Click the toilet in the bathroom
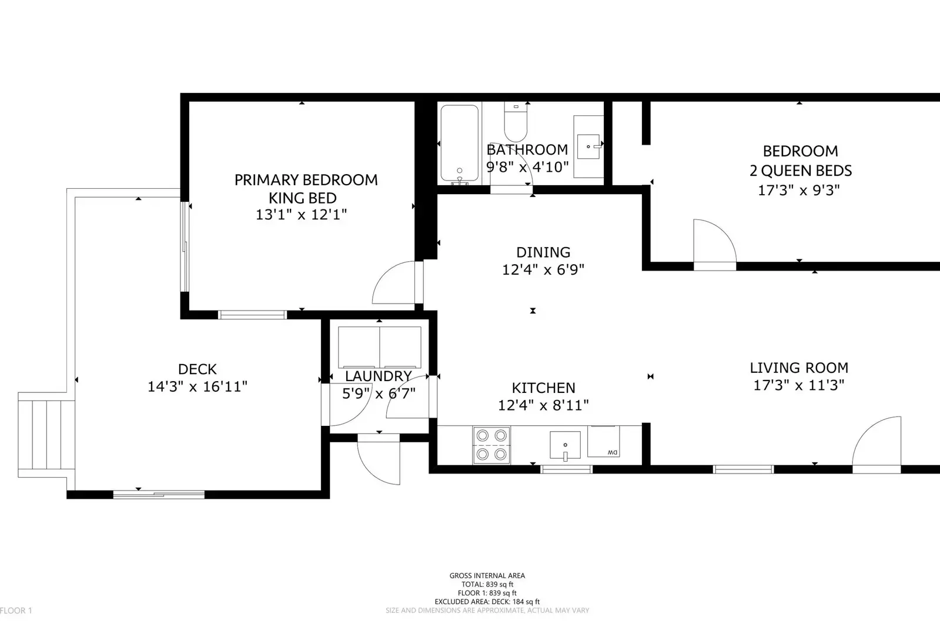click(516, 122)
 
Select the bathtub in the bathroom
click(460, 143)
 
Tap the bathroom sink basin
click(588, 146)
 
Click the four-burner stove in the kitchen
click(491, 445)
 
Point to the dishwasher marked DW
click(604, 441)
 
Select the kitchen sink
click(566, 445)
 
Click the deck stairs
click(46, 435)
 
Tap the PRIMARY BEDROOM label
click(306, 180)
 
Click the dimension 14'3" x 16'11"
click(198, 386)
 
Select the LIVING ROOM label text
click(799, 368)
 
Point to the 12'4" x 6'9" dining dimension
click(543, 269)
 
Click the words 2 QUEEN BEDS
click(801, 171)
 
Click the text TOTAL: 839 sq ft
click(487, 584)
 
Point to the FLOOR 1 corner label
click(16, 610)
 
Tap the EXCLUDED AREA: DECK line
click(487, 601)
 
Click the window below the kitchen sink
click(566, 469)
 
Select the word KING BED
click(303, 198)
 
